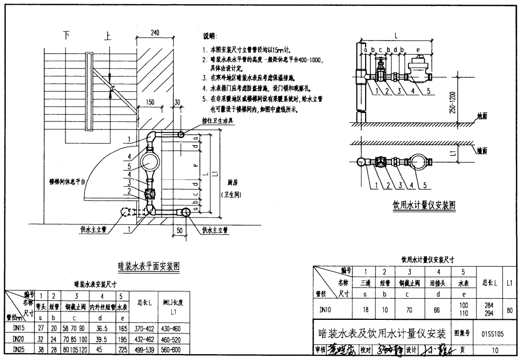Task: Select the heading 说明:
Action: click(210, 36)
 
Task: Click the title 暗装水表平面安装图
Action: click(148, 267)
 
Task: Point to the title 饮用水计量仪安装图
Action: click(424, 205)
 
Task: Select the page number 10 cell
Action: click(495, 350)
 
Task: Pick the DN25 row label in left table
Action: click(17, 349)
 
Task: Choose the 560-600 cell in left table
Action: click(173, 349)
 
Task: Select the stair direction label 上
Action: click(108, 36)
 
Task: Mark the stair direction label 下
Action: click(67, 35)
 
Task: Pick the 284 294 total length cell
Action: click(489, 309)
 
